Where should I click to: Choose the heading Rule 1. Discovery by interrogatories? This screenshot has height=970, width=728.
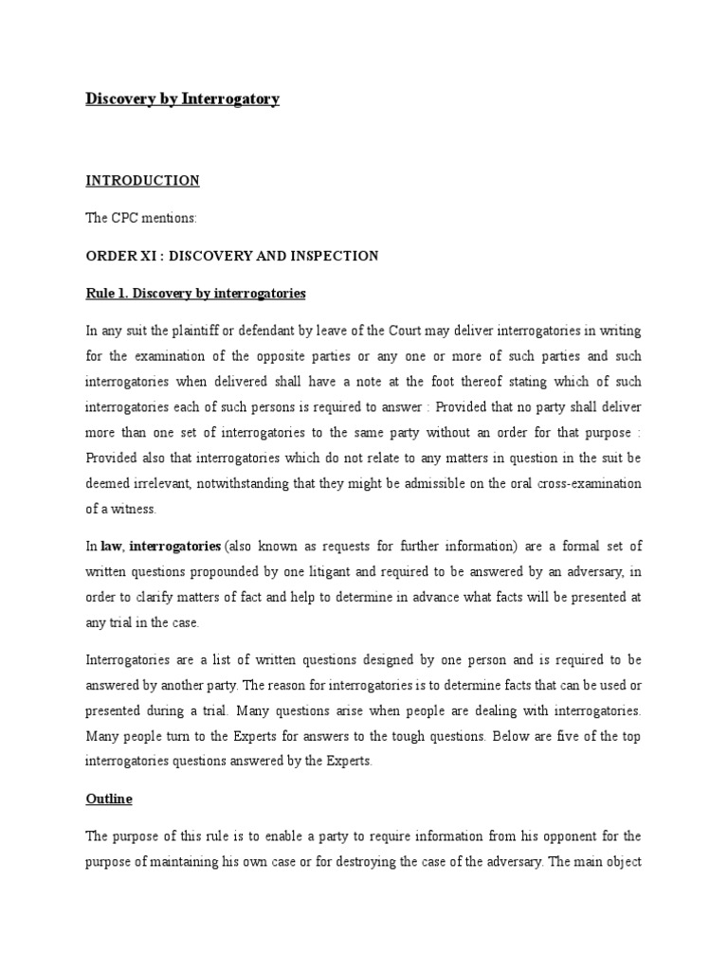196,294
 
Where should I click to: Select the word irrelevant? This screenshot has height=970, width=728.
159,484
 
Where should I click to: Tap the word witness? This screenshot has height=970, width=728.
133,509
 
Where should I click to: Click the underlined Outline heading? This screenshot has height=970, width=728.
109,799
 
